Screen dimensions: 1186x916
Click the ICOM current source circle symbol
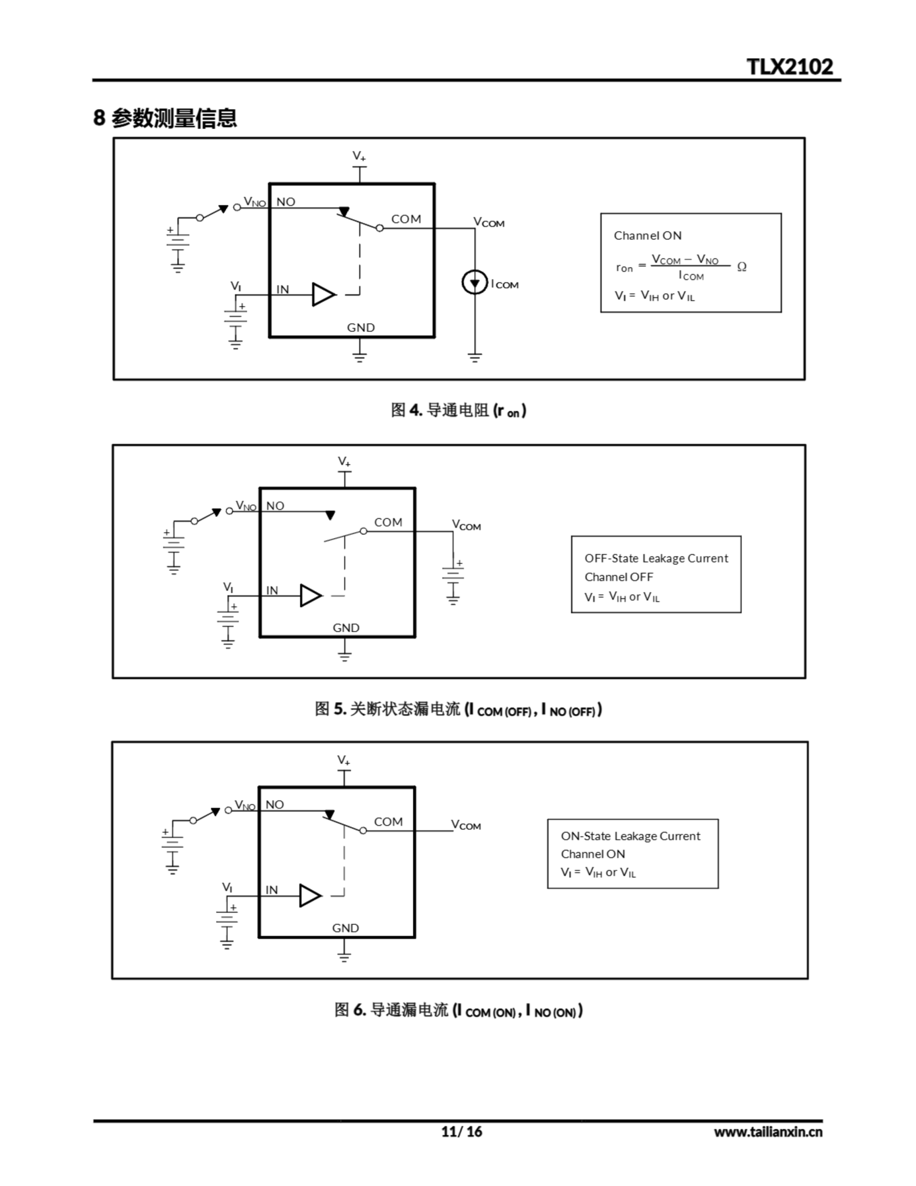pos(475,283)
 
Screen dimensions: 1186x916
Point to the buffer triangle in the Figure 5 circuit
pos(311,596)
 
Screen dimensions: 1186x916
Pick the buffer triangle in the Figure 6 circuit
pos(310,896)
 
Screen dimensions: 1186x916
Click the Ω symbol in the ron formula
pos(742,267)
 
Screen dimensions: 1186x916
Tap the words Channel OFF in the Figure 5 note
pos(618,577)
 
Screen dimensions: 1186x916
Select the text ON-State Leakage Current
pos(630,836)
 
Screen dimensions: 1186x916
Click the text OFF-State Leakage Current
pos(656,558)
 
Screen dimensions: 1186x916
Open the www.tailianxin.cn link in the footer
pos(768,1132)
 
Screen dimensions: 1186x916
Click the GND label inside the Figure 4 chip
pos(361,328)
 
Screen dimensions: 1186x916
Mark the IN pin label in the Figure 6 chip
pos(271,890)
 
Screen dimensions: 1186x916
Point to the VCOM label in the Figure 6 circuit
pos(466,825)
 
